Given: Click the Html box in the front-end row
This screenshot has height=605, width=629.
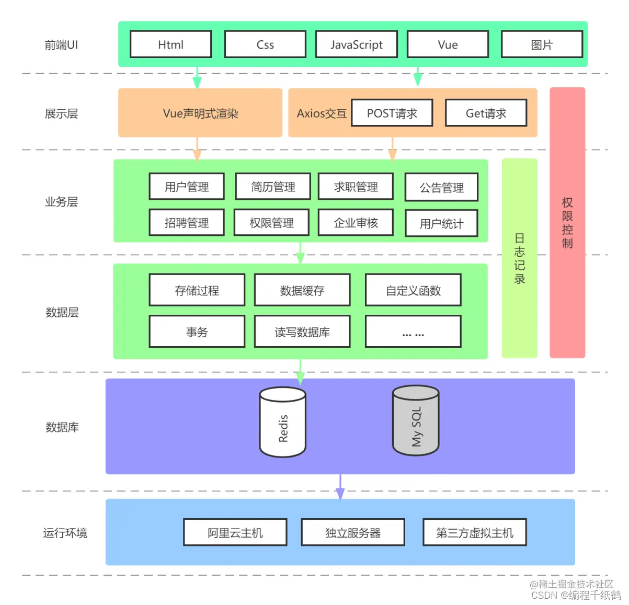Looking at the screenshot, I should coord(170,44).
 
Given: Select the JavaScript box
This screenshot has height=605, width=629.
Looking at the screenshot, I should coord(356,44).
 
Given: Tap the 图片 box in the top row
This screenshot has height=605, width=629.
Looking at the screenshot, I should coord(542,44).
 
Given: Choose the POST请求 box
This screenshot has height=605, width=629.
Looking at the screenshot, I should coord(392,113).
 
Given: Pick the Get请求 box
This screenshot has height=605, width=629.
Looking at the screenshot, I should coord(486,113).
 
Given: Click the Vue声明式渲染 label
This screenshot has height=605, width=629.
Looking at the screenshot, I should coord(200,113).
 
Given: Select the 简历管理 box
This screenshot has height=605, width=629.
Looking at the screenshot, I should coord(273,187).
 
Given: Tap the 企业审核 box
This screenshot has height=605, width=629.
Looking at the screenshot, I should coord(356,223).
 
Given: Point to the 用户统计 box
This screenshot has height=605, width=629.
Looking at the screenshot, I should coord(441,224).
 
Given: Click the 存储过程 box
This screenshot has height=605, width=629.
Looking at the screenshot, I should coord(197,290).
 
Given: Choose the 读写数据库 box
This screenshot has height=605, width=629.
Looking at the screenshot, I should coord(302,332).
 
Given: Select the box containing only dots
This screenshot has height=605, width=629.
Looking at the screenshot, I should coord(413,332).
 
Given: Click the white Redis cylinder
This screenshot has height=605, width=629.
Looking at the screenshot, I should coord(283,423).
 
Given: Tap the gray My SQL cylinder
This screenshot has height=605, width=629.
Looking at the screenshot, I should coord(416,421).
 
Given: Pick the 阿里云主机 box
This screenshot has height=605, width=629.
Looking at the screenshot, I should coord(235,532).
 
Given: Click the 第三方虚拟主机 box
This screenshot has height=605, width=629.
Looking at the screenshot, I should coord(474,532).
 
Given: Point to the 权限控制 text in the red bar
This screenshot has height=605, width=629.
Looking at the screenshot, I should coord(567,223).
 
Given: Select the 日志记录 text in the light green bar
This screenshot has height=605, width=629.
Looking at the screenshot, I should coord(519,258).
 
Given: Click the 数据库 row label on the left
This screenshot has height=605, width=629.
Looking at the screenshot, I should coord(62,427).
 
